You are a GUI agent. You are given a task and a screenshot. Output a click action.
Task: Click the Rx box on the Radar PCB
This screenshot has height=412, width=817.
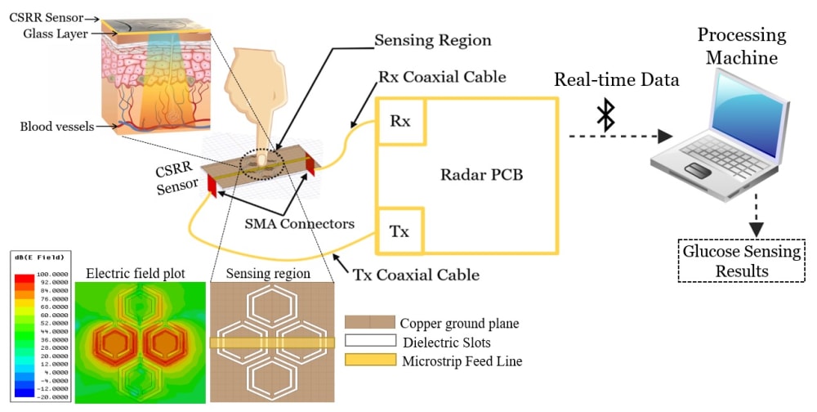[400, 120]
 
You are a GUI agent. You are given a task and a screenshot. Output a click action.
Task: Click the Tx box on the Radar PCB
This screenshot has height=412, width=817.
[400, 231]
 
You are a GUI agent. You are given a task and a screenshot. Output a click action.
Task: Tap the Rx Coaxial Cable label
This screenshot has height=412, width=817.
[442, 77]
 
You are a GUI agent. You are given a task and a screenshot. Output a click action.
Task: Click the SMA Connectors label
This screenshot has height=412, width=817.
[298, 222]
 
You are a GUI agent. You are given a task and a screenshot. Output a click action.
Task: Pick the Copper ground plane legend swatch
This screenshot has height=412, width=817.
[368, 322]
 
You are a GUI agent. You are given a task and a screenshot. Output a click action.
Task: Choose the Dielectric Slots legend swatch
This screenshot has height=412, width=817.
[368, 342]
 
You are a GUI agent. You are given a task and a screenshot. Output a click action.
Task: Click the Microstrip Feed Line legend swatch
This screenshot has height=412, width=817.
[368, 360]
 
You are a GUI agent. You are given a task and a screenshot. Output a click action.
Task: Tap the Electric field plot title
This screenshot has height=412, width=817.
[135, 272]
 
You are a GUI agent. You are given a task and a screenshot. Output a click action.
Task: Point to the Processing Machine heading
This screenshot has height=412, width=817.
[741, 46]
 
